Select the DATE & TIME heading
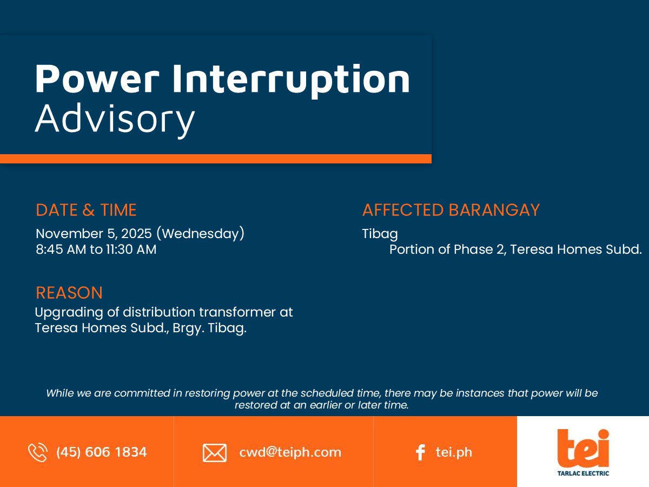click(x=86, y=210)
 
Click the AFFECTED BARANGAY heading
click(x=451, y=210)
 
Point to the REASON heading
click(x=69, y=293)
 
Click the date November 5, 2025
click(x=94, y=234)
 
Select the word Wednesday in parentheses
click(x=201, y=234)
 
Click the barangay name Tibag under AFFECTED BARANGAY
click(x=380, y=234)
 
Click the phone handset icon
click(x=37, y=452)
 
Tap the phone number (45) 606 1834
click(x=102, y=452)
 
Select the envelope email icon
click(x=215, y=453)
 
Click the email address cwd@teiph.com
click(x=290, y=452)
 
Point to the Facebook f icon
click(x=420, y=452)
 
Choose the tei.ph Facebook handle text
click(x=454, y=452)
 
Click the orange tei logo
click(x=583, y=449)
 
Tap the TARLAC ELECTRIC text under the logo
click(x=583, y=473)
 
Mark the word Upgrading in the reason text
click(x=69, y=313)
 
